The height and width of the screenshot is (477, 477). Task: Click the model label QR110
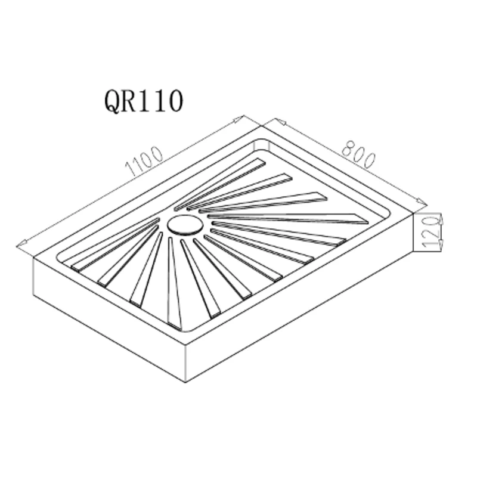(143, 101)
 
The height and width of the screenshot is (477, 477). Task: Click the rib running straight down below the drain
(174, 280)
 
